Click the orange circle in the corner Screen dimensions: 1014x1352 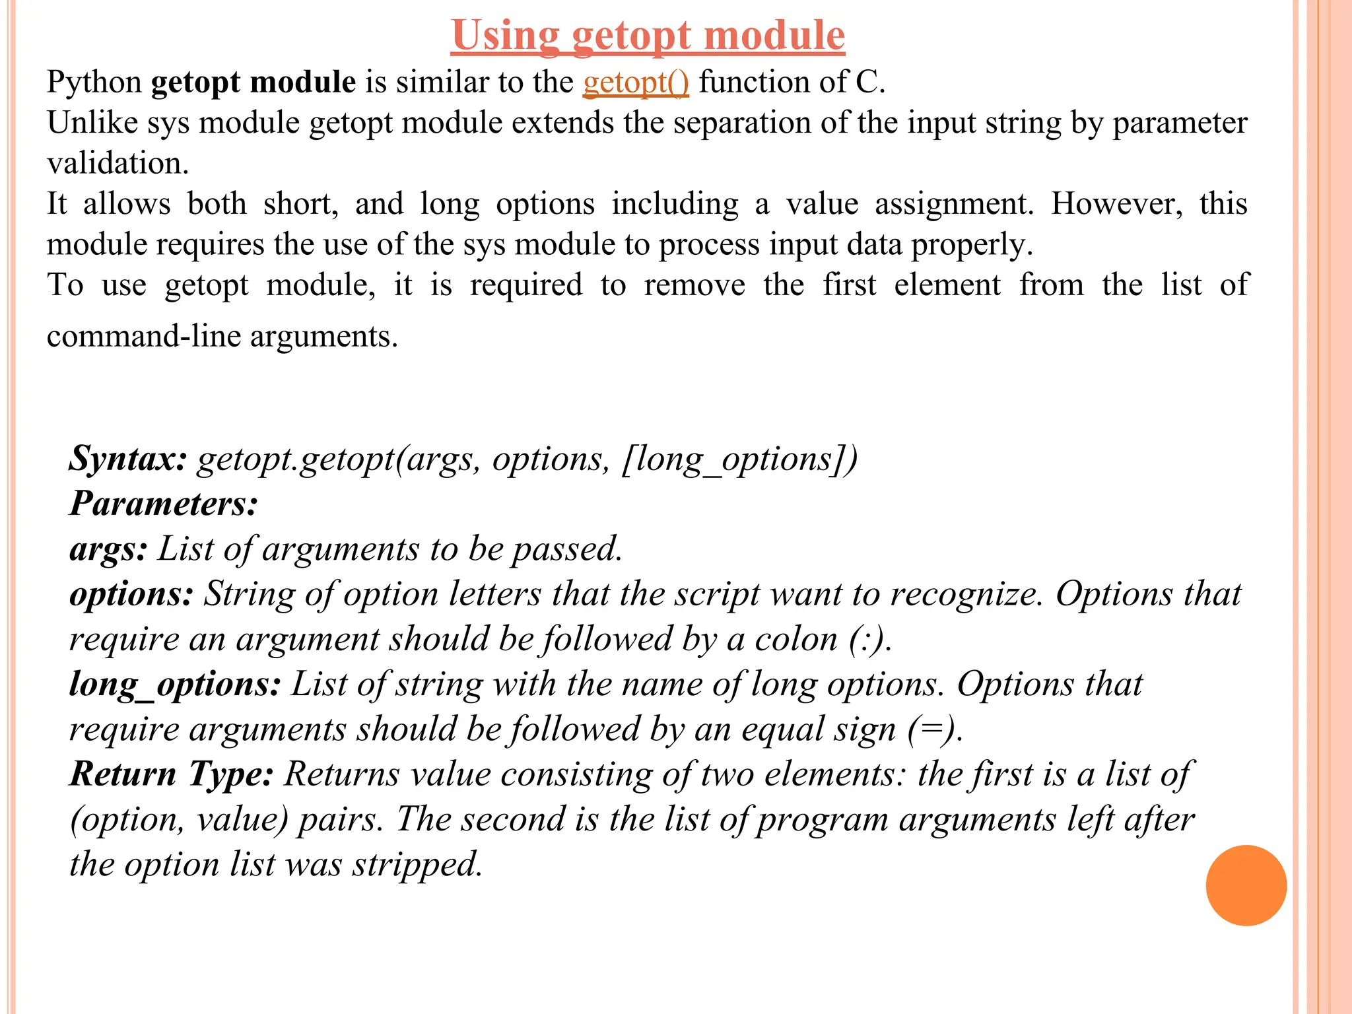(1246, 885)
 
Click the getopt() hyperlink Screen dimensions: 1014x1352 (636, 83)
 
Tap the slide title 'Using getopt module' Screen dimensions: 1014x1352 (648, 35)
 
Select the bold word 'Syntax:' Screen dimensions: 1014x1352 (129, 458)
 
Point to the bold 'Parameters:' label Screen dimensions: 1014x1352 (164, 504)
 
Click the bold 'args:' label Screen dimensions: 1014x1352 (108, 549)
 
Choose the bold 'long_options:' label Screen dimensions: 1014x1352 (176, 685)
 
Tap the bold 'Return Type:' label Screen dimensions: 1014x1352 (172, 774)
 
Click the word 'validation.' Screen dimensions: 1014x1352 (118, 163)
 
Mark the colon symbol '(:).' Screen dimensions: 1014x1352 (870, 640)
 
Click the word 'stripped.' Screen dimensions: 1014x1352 (417, 865)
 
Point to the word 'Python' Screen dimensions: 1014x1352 (94, 83)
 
